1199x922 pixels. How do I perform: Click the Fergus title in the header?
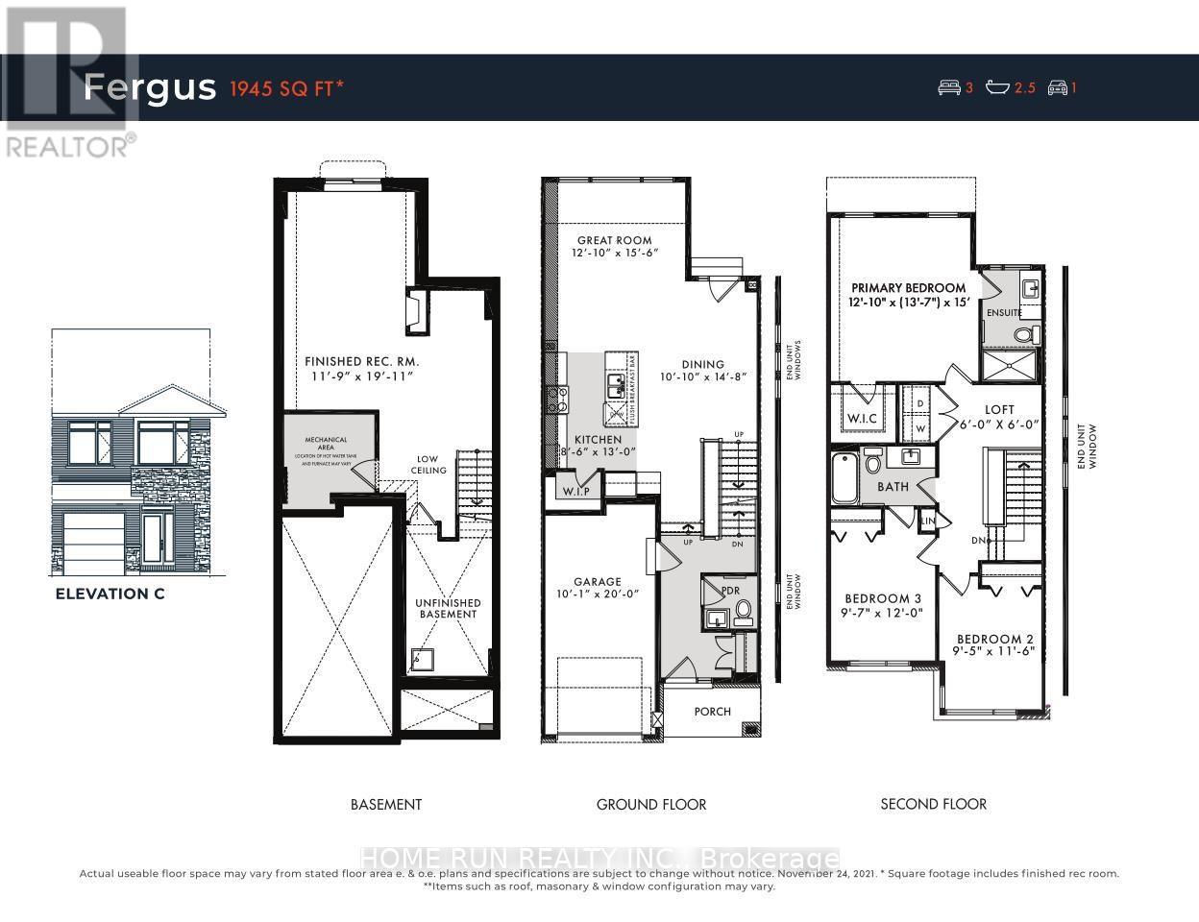pos(149,87)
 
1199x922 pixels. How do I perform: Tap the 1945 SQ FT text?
pos(286,88)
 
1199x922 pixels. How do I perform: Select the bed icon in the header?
pos(949,88)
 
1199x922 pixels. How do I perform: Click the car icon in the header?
pos(1057,88)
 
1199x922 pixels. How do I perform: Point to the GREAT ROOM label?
pos(614,240)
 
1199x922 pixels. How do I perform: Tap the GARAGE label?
pos(598,581)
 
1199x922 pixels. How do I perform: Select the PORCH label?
pos(712,712)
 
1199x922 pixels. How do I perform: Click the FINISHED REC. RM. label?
pos(362,361)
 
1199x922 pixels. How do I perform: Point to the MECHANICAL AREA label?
pos(326,444)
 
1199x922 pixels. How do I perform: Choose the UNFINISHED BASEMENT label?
pos(448,608)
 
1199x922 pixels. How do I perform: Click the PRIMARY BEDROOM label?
pos(908,287)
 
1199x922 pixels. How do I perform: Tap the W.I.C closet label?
pos(863,419)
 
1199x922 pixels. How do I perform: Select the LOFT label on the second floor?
pos(999,409)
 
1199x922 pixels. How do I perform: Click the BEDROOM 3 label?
pos(883,598)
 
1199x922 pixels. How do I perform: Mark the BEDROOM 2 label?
pos(994,639)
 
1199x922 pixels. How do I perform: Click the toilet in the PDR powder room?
pos(743,611)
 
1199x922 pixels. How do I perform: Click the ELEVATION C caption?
pos(110,594)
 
